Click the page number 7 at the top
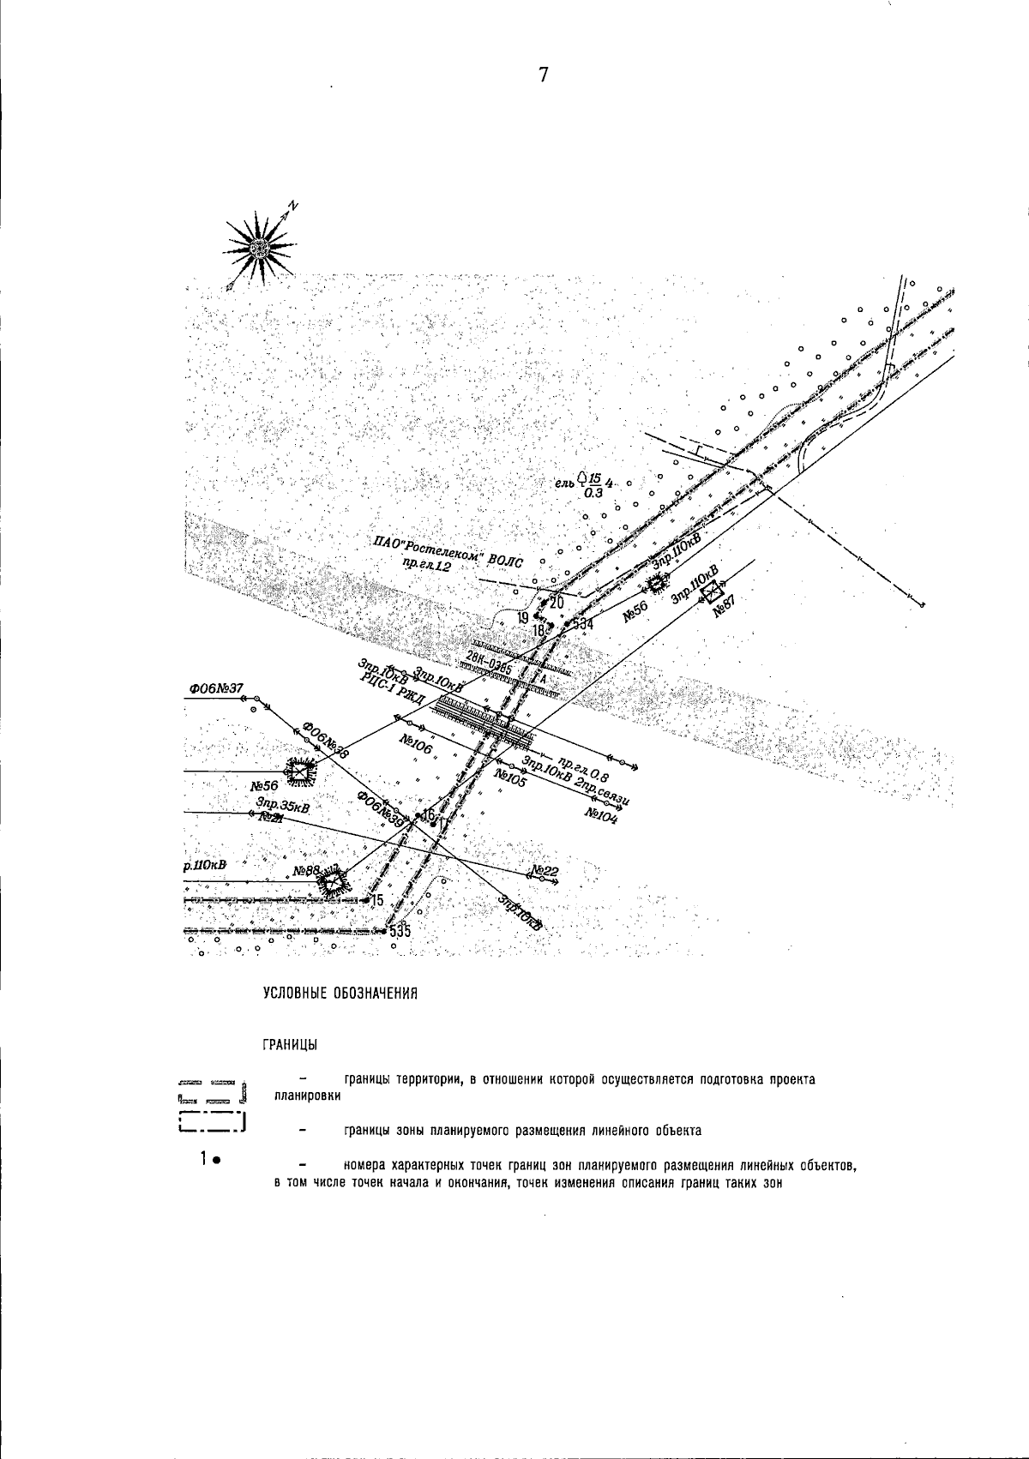(543, 75)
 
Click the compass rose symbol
(260, 247)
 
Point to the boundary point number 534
(584, 624)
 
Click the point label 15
(376, 900)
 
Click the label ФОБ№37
(217, 687)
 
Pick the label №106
(417, 744)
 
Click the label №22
(545, 871)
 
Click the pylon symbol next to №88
(333, 878)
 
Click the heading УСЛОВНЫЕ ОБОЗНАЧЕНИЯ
(340, 994)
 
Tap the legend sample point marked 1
(217, 1161)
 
